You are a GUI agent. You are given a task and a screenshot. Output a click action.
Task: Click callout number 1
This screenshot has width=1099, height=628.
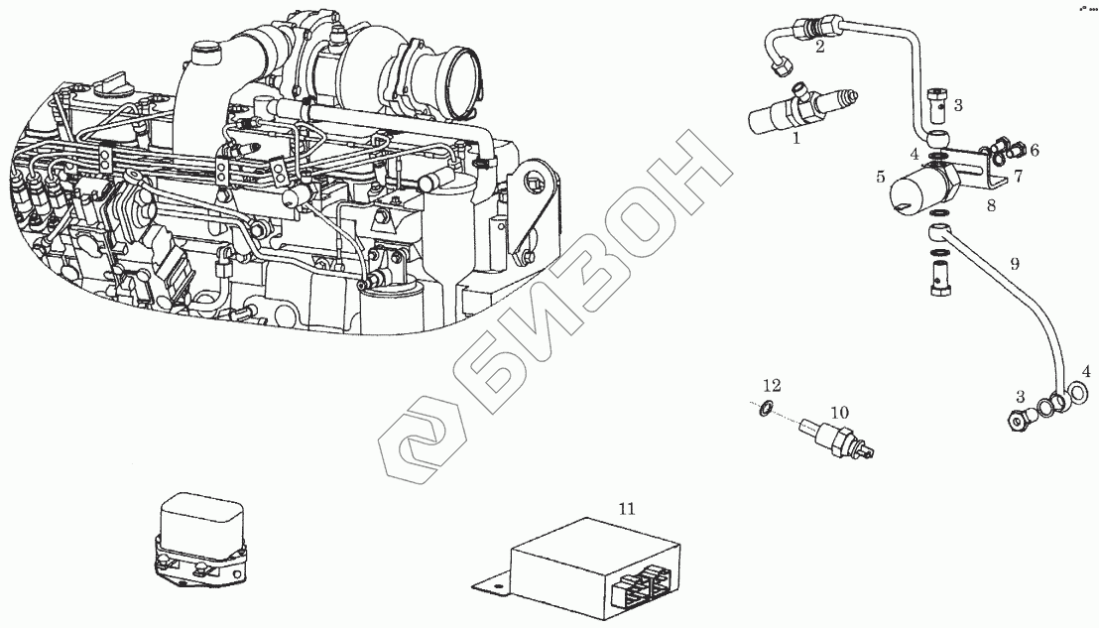[x=795, y=140]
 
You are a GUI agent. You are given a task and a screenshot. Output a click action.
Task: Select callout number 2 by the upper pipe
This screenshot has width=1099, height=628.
[x=819, y=48]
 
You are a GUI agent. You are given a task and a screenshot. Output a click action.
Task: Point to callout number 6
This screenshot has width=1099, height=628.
[x=1034, y=150]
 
